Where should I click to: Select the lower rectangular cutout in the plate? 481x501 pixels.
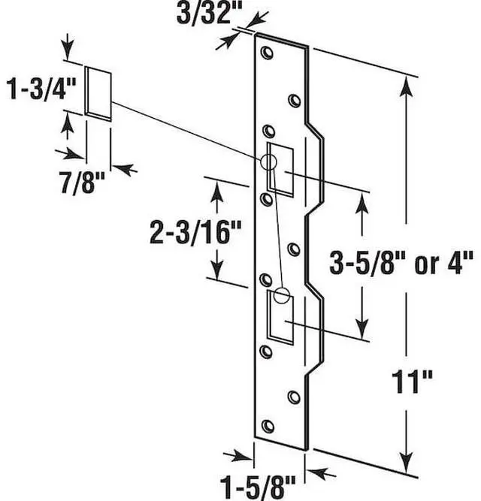(x=283, y=316)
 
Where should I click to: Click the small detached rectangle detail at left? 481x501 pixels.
(x=98, y=92)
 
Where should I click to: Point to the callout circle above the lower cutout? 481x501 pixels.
(x=283, y=294)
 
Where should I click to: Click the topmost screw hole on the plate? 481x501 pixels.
(x=265, y=53)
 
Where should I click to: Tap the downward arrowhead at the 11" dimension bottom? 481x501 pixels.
(x=407, y=459)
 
